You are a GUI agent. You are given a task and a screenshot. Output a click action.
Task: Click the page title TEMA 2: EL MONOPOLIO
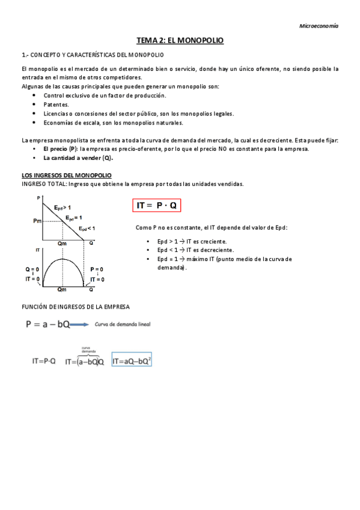point(180,40)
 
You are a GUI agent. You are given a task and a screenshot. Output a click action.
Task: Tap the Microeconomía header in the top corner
point(319,26)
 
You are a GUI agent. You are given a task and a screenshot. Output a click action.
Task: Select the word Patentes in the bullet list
point(56,104)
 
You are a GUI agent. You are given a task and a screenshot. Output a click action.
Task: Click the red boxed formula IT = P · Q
point(156,205)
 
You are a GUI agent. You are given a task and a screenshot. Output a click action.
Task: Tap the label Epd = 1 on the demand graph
point(74,218)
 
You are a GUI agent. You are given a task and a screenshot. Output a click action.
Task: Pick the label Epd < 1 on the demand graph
point(87,229)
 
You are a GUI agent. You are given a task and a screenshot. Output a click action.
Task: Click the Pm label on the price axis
point(38,221)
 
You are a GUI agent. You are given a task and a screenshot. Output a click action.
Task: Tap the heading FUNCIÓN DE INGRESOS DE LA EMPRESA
point(75,306)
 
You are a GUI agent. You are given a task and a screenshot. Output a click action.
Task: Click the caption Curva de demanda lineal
point(123,325)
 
